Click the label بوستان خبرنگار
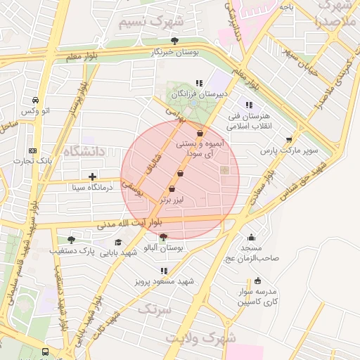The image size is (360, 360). [176, 52]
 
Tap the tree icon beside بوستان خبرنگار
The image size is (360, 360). [175, 41]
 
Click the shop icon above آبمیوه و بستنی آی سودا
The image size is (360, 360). [200, 133]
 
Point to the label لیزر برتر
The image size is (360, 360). [172, 200]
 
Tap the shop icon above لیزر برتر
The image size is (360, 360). [172, 188]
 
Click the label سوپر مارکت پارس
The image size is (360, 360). [289, 150]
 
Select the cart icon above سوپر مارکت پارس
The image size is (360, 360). [289, 139]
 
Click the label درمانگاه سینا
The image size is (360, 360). [92, 188]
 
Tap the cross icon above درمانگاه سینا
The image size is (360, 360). [92, 176]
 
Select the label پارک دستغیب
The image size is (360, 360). [72, 250]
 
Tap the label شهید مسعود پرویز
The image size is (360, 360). [164, 282]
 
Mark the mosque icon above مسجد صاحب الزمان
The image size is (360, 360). [252, 238]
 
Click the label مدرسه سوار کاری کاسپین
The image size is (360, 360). [257, 295]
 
